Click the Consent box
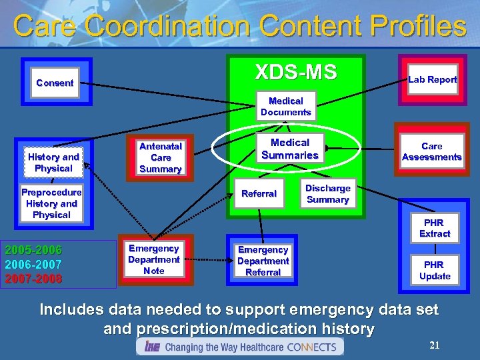pyautogui.click(x=55, y=83)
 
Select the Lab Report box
pyautogui.click(x=432, y=79)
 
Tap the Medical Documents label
pyautogui.click(x=285, y=107)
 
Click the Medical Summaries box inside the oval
pyautogui.click(x=290, y=149)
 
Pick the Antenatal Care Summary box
pyautogui.click(x=161, y=158)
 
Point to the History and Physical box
pyautogui.click(x=53, y=163)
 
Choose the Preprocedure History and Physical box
pyautogui.click(x=51, y=203)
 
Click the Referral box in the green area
pyautogui.click(x=259, y=193)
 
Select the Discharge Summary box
pyautogui.click(x=327, y=194)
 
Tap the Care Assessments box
pyautogui.click(x=431, y=151)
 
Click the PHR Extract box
pyautogui.click(x=435, y=228)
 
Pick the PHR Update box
pyautogui.click(x=435, y=270)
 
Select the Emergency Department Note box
pyautogui.click(x=154, y=259)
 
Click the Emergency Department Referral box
pyautogui.click(x=263, y=261)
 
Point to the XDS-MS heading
pyautogui.click(x=296, y=72)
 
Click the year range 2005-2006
pyautogui.click(x=33, y=251)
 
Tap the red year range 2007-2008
pyautogui.click(x=33, y=278)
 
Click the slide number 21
pyautogui.click(x=435, y=345)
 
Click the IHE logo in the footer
pyautogui.click(x=152, y=347)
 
